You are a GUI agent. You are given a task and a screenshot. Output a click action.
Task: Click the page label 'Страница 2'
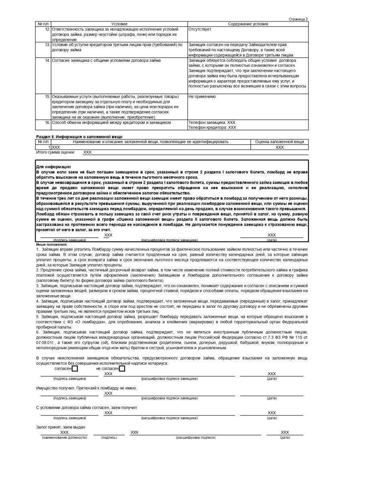tap(298, 19)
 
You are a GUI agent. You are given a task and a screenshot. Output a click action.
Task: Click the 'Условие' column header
tap(119, 24)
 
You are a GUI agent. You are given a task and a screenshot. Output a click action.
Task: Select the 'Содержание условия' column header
tap(248, 24)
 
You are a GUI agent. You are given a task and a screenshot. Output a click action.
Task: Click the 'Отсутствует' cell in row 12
tap(200, 29)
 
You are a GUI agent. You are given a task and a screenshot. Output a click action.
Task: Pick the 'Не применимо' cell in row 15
tap(202, 97)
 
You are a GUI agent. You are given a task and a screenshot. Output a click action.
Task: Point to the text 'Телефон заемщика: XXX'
tap(211, 122)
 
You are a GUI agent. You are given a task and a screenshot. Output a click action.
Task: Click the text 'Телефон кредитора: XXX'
tap(212, 127)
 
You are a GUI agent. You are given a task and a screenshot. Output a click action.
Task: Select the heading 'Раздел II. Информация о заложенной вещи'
tap(79, 137)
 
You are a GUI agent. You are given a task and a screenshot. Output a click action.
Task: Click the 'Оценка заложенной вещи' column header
tap(279, 141)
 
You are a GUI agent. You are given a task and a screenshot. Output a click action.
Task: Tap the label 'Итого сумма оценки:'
tap(55, 152)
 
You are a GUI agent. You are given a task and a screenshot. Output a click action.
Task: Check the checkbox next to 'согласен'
tap(75, 368)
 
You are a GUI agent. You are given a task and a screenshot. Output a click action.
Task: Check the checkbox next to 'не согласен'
tap(122, 368)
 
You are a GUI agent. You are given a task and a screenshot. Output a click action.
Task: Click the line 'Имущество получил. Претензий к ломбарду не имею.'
tap(86, 388)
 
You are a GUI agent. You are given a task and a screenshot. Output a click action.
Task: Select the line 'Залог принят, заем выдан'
tap(61, 427)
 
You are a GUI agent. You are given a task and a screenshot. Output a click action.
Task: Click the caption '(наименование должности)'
tap(64, 437)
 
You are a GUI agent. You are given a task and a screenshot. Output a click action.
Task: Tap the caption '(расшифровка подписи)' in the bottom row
tap(195, 437)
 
